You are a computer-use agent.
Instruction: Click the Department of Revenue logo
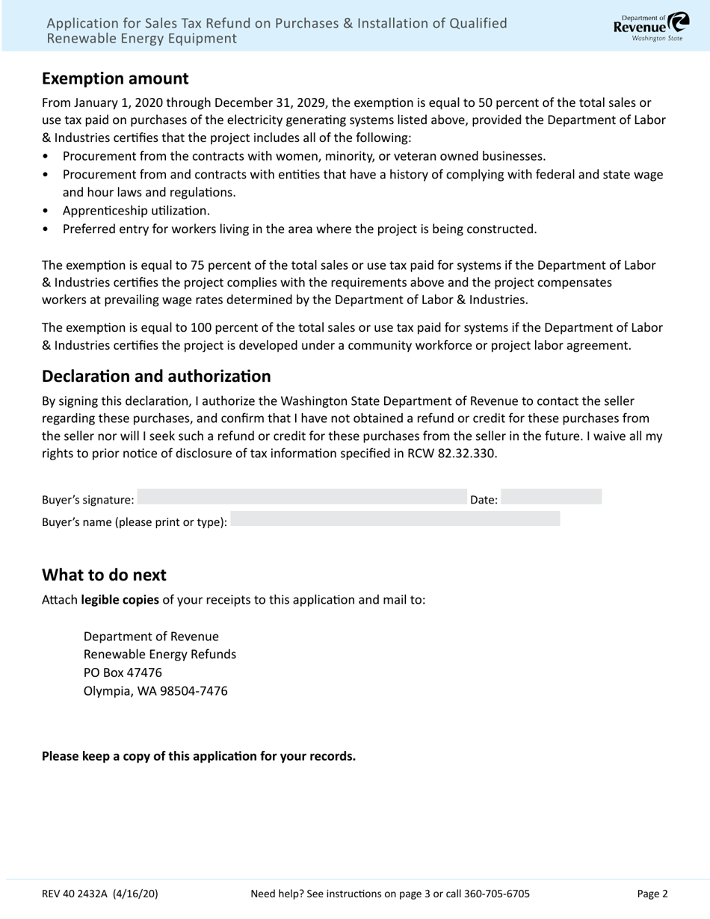[x=651, y=27]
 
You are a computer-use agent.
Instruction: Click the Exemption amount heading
[x=115, y=78]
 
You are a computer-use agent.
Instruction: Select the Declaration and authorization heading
[x=156, y=376]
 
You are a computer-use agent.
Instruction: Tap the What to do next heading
[x=104, y=575]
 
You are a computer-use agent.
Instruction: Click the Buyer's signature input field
[x=301, y=497]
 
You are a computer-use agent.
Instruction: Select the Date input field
[x=551, y=497]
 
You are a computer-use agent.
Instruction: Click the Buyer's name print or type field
[x=395, y=519]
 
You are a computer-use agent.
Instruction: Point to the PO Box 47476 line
[x=123, y=672]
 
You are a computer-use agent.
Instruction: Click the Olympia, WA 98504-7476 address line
[x=155, y=691]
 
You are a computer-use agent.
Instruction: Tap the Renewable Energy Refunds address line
[x=159, y=655]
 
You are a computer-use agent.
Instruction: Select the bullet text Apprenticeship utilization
[x=136, y=211]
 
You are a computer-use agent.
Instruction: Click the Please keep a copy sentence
[x=199, y=756]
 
